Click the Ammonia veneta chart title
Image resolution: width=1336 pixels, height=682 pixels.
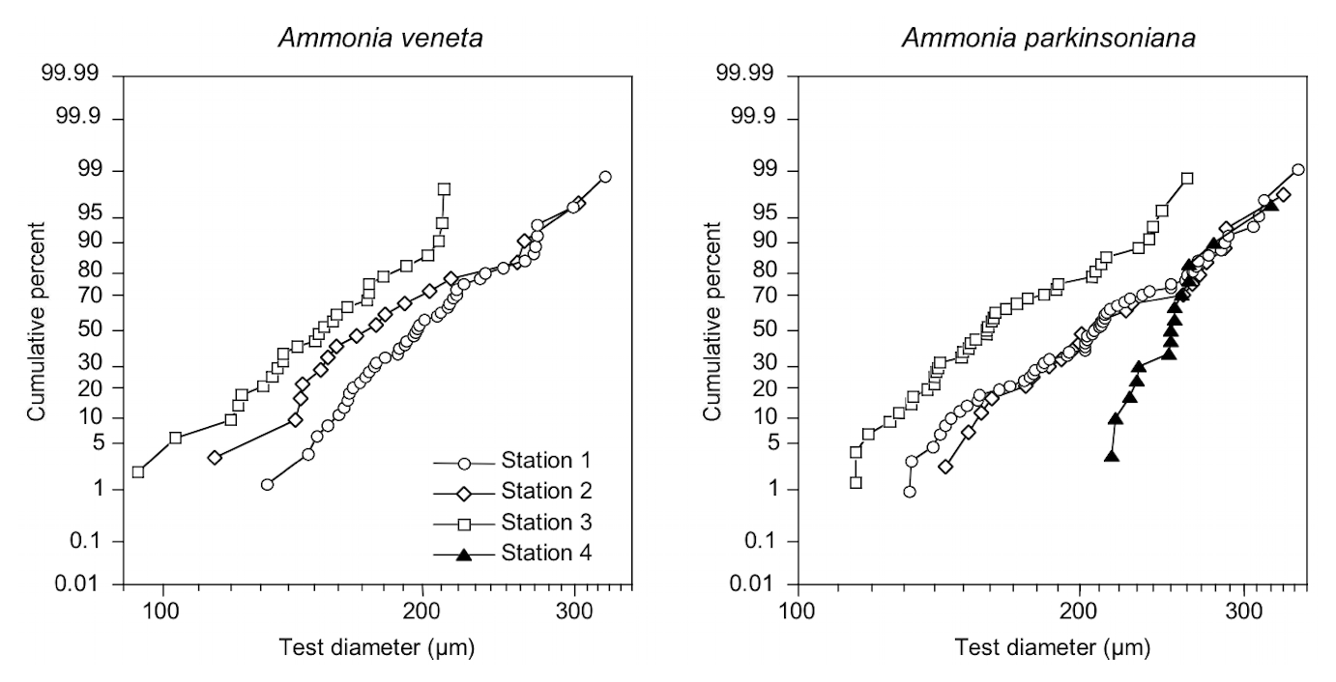pyautogui.click(x=379, y=39)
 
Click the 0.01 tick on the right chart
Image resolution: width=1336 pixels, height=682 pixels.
pyautogui.click(x=759, y=583)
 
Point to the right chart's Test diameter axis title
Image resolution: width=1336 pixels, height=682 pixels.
pyautogui.click(x=1052, y=647)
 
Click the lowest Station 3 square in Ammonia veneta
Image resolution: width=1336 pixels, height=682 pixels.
pyautogui.click(x=138, y=471)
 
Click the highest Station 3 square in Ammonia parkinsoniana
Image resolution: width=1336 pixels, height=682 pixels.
pyautogui.click(x=1187, y=178)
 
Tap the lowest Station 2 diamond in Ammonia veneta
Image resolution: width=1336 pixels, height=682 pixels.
pyautogui.click(x=215, y=457)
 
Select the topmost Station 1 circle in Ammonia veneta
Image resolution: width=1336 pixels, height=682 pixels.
pyautogui.click(x=605, y=177)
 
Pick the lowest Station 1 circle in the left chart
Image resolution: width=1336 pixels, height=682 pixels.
pyautogui.click(x=268, y=484)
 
